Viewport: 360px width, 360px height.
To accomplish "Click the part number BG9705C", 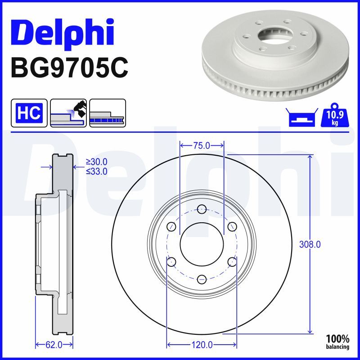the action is (x=69, y=68).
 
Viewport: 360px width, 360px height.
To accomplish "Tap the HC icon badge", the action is (x=29, y=113).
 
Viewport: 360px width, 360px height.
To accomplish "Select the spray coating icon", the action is (x=68, y=113).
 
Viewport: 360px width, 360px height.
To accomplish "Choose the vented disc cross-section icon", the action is (x=108, y=113).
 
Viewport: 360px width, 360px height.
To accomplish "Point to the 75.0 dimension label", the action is (x=201, y=145).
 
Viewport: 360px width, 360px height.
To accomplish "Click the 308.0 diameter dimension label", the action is (x=310, y=245).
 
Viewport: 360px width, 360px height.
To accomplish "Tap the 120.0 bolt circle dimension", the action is (x=202, y=345).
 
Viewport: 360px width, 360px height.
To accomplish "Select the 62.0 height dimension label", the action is (x=54, y=345).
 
